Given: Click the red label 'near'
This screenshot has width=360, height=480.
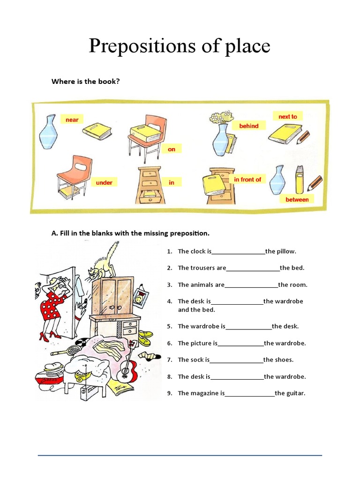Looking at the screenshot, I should click(x=72, y=120).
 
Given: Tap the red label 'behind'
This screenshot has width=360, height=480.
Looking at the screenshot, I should click(x=249, y=126).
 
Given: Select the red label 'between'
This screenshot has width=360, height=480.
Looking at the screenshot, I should click(x=297, y=200).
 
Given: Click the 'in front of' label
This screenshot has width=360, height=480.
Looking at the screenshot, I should click(x=247, y=180).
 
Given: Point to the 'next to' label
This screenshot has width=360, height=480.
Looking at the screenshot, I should click(x=288, y=116).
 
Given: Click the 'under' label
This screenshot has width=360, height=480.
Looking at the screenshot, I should click(x=104, y=182).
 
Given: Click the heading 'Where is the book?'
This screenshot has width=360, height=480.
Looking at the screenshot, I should click(x=85, y=82).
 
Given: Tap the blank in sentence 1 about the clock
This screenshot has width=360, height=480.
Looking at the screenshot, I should click(x=238, y=252).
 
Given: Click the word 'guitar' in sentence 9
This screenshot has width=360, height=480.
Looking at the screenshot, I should click(x=295, y=393).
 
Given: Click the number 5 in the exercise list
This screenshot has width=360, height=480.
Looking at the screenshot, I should click(x=169, y=326).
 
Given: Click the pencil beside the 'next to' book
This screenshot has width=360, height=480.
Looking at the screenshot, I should click(x=303, y=137).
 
